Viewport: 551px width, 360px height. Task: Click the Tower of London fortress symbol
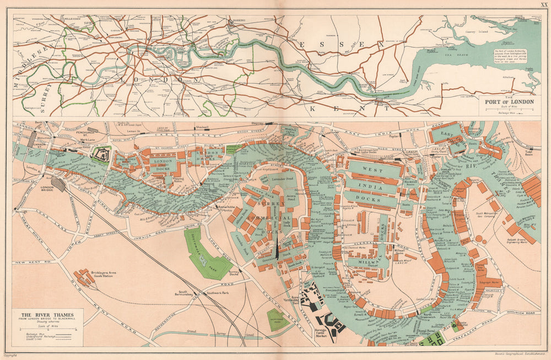point(100,155)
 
